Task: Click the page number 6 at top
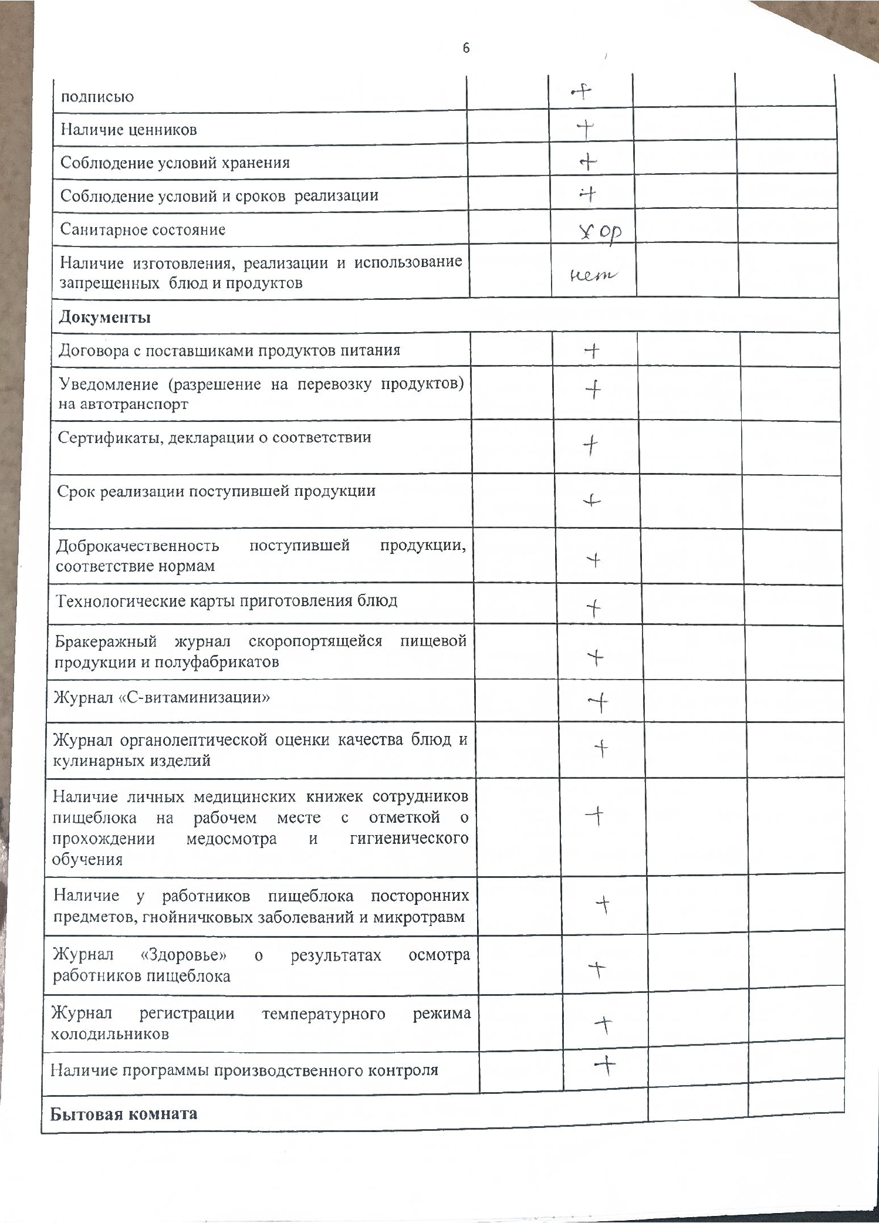pos(466,48)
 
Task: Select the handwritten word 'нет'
pos(594,274)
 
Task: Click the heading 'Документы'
pos(104,317)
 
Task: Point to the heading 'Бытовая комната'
pos(124,1114)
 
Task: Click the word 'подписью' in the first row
pos(97,97)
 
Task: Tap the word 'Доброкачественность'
pos(138,546)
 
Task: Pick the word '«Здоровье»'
pos(184,955)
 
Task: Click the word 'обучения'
pos(87,860)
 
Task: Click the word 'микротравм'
pos(427,917)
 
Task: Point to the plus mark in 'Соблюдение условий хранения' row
pos(588,162)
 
